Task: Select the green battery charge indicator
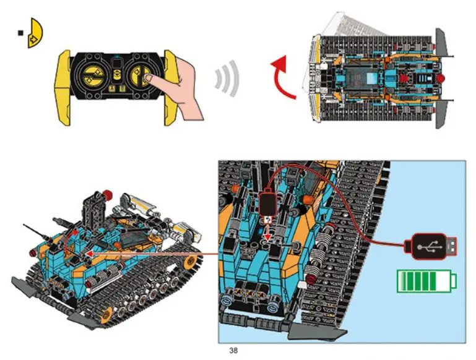point(426,281)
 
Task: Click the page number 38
point(233,351)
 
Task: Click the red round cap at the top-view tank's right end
point(441,79)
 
